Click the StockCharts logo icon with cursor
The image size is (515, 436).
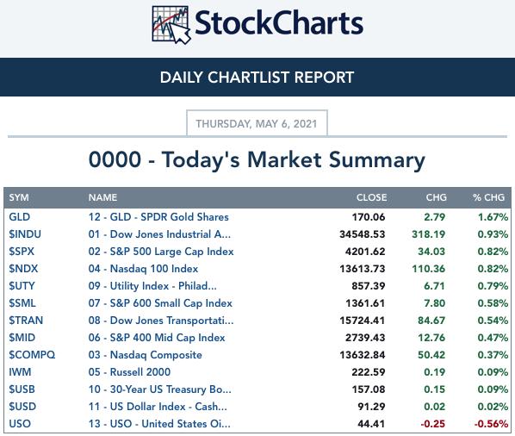point(171,25)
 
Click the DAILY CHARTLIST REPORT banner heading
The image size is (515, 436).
point(257,78)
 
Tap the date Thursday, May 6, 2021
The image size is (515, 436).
point(257,124)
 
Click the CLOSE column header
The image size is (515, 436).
point(371,197)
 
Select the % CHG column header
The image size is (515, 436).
point(488,197)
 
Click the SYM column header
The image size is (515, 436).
point(19,197)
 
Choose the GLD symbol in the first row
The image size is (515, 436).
point(20,217)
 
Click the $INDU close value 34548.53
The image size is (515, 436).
point(363,234)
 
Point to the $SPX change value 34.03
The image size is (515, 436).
point(431,252)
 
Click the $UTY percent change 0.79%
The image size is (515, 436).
point(493,286)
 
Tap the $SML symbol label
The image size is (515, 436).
point(22,303)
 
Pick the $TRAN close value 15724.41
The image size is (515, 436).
point(363,321)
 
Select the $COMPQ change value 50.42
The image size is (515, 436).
point(431,355)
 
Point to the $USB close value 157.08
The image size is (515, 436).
point(369,389)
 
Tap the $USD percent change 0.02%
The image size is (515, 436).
point(493,407)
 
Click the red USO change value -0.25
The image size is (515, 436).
point(433,424)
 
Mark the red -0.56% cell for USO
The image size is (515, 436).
point(491,424)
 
